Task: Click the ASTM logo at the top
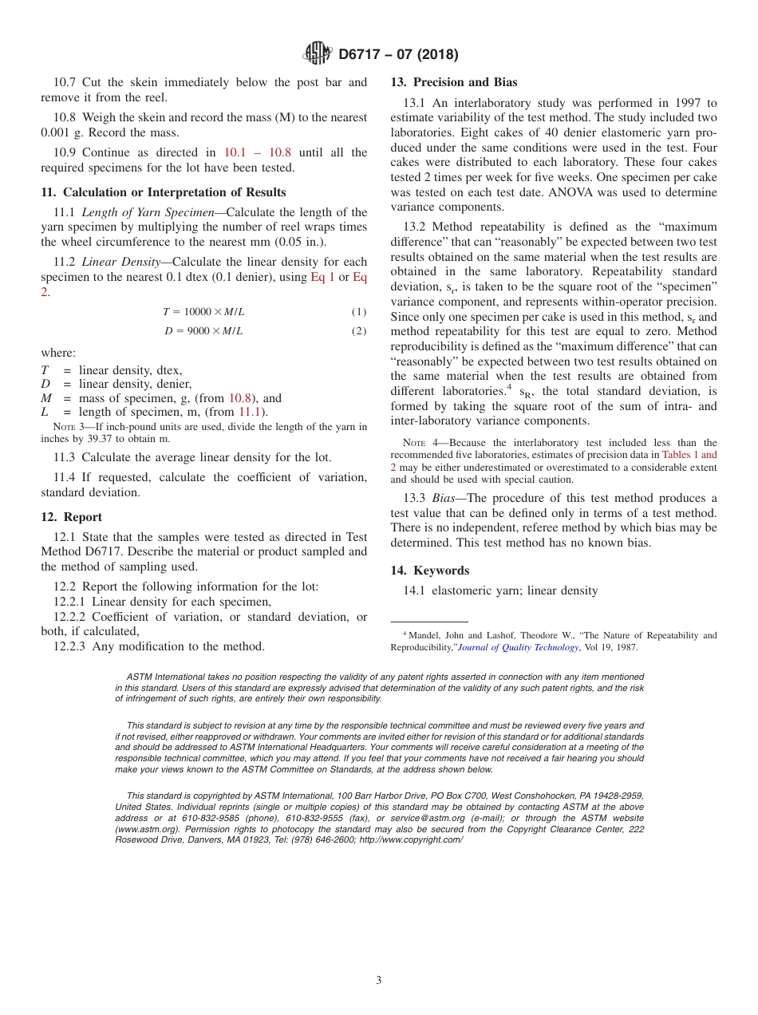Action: tap(318, 53)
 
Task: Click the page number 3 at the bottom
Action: tap(379, 980)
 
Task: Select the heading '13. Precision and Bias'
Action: tap(453, 82)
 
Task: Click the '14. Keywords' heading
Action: tap(429, 571)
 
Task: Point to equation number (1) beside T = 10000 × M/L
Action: tap(359, 312)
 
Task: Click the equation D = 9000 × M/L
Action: tap(203, 331)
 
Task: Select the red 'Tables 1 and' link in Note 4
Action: tap(689, 455)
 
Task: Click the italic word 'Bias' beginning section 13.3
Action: tap(444, 499)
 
